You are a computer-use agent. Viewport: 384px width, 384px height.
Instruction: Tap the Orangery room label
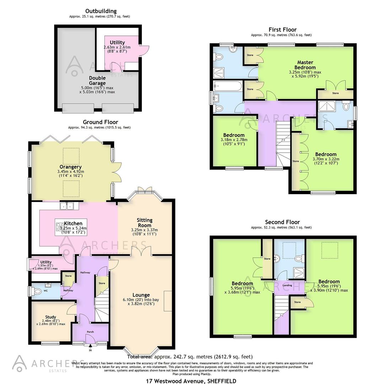(71, 167)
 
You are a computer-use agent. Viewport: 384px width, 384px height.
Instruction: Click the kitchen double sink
(67, 206)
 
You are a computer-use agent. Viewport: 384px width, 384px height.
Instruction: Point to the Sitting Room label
(144, 223)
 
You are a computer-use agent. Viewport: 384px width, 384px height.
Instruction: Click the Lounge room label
(141, 295)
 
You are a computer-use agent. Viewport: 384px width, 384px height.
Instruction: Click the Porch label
(90, 332)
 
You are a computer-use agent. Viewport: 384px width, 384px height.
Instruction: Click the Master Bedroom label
(305, 65)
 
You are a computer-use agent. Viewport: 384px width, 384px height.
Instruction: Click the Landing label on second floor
(287, 285)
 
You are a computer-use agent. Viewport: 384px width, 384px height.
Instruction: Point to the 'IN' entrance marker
(90, 350)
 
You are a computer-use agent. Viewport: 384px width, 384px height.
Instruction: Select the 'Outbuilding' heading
(101, 11)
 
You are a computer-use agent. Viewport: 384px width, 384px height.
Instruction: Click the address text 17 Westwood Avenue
(191, 381)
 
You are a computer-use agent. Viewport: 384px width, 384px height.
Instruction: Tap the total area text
(190, 357)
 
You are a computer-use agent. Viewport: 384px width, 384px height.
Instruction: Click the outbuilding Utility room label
(117, 43)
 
